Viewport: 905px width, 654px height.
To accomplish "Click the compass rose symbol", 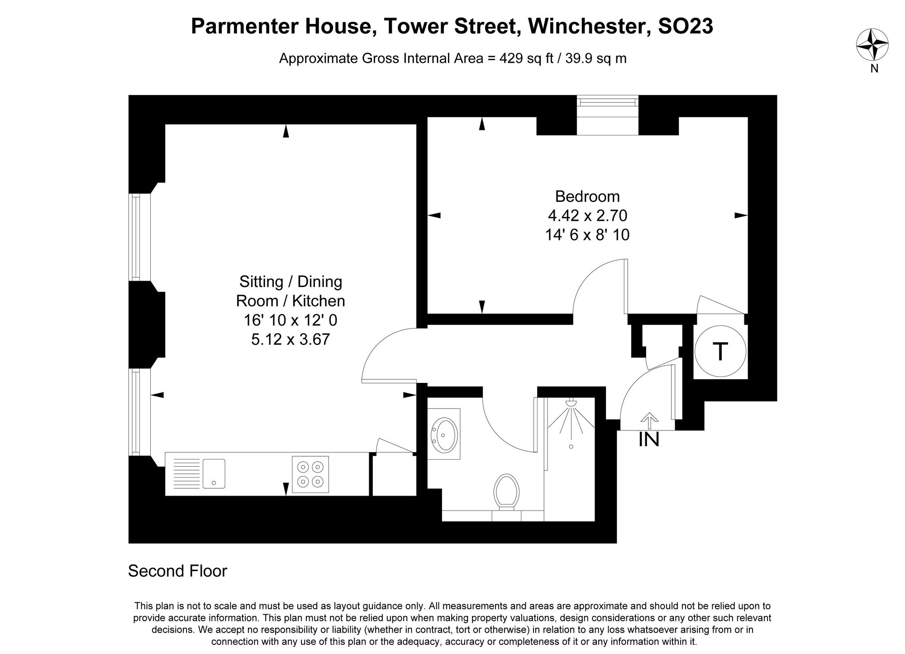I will (872, 44).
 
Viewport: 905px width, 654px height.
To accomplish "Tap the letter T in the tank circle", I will (720, 352).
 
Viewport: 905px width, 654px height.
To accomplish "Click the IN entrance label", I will (648, 440).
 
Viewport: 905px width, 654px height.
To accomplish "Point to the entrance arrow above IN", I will (650, 420).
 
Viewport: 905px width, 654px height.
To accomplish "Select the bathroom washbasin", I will (444, 434).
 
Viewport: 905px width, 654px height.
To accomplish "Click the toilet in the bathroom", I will (506, 492).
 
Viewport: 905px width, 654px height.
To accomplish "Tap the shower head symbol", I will (572, 402).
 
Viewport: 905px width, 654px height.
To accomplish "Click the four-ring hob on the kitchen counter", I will (310, 474).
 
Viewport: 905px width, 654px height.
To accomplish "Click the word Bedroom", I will (587, 196).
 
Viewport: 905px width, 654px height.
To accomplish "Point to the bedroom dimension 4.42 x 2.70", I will (587, 216).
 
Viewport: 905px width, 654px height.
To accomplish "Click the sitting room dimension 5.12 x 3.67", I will (291, 339).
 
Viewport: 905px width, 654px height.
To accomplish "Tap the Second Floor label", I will (177, 571).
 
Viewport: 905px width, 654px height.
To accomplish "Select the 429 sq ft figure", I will (526, 59).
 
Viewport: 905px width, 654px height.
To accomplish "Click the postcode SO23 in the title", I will (685, 26).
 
